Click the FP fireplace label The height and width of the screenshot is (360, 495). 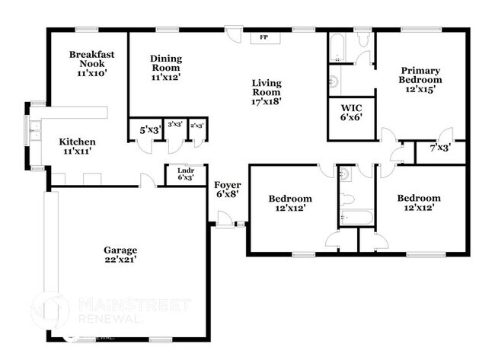coord(264,37)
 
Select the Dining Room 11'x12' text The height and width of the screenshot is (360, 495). coord(166,68)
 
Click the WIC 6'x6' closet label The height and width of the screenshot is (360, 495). coord(352,113)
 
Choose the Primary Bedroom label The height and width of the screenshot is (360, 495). coord(420,79)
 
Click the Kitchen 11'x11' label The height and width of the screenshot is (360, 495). coord(77,147)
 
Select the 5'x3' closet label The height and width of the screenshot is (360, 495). coord(148,130)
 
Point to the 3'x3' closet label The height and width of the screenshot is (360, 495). coord(175,125)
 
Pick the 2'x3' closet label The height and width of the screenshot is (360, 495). coord(197,125)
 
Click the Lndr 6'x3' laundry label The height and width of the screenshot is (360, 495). coord(185,174)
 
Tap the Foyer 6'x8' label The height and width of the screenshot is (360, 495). coord(228,190)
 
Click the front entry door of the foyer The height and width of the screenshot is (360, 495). coord(225,221)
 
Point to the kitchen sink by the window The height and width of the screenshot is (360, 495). coord(34,131)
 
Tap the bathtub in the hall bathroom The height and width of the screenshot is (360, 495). coord(356,219)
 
